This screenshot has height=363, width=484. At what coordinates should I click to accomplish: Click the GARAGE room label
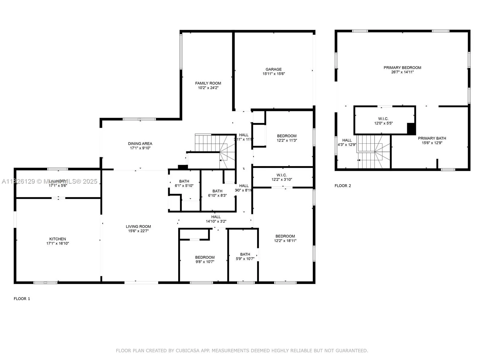(x=273, y=69)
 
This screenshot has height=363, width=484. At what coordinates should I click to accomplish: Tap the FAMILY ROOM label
(x=208, y=83)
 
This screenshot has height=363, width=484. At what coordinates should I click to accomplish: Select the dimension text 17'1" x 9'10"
(x=140, y=148)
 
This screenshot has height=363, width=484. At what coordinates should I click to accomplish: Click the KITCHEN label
(x=57, y=239)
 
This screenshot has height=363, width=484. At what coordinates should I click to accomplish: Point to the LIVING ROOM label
(x=138, y=226)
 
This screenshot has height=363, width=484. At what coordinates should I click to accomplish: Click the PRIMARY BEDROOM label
(x=402, y=67)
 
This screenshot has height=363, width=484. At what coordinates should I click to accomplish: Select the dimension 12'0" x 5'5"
(x=383, y=123)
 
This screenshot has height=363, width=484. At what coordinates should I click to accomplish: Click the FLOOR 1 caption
(x=22, y=299)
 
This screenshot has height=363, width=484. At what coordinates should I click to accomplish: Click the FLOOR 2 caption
(x=343, y=186)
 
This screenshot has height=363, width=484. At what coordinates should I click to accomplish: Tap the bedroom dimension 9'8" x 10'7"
(x=205, y=262)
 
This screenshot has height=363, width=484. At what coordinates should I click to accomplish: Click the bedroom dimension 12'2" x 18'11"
(x=285, y=241)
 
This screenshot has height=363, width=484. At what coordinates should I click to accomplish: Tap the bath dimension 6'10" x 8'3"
(x=217, y=195)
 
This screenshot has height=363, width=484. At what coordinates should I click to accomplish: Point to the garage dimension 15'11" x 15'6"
(x=273, y=74)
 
